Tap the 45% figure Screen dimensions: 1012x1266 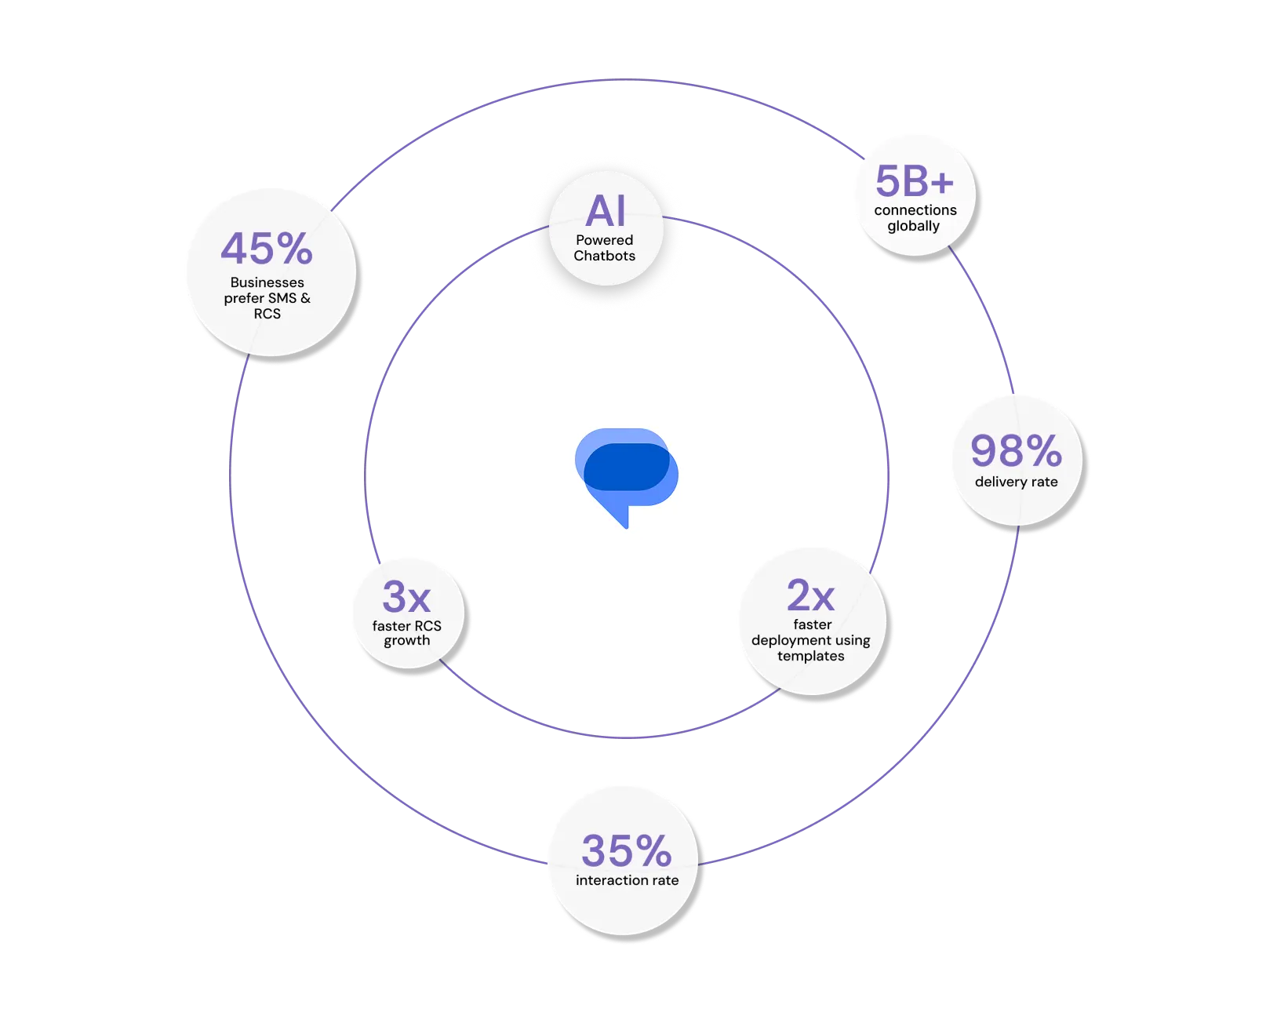tap(267, 249)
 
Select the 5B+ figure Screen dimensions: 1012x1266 tap(915, 182)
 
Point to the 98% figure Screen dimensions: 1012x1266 tap(1017, 451)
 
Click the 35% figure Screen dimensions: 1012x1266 tap(627, 850)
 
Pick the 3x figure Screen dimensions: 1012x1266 tap(406, 597)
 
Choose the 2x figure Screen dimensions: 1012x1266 tap(811, 596)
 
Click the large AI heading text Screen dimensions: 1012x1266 tap(606, 212)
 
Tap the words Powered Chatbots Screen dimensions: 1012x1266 tap(604, 248)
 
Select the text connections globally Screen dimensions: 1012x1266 tap(915, 218)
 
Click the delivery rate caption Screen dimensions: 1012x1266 tap(1017, 482)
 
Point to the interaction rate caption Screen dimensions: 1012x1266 tap(627, 880)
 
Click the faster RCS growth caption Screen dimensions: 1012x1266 tap(406, 633)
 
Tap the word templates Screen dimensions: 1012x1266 tap(811, 656)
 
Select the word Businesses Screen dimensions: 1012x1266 tap(267, 282)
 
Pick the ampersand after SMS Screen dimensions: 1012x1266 tap(305, 298)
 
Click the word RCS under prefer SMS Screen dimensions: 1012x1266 tap(267, 314)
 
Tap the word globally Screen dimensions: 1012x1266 tap(913, 226)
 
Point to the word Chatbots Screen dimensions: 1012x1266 tap(604, 256)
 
